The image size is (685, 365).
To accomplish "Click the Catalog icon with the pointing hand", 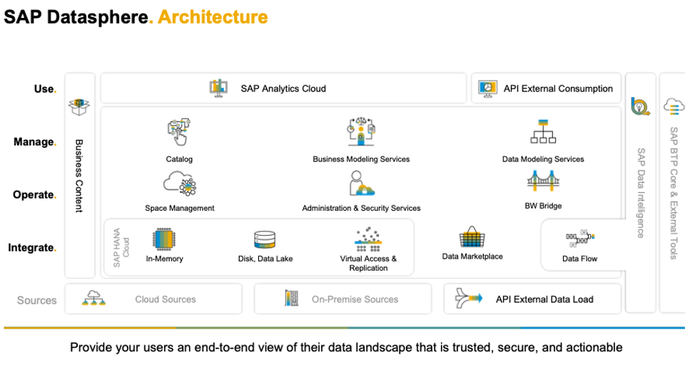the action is (178, 131).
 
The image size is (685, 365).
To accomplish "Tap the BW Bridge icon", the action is (543, 181).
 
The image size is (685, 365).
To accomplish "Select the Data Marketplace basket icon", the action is (472, 236).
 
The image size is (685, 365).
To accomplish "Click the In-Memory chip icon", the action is (164, 239).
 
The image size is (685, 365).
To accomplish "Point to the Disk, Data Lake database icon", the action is (265, 240).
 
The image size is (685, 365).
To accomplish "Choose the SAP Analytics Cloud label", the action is (283, 89).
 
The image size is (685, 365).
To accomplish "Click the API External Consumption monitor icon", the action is (487, 89).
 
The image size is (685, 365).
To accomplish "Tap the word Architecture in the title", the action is (213, 17).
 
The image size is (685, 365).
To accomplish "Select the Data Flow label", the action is (579, 259).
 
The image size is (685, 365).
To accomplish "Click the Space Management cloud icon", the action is (180, 183).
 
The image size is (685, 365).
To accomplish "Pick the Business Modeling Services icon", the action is (361, 131).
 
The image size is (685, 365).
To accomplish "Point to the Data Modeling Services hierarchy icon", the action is (543, 131).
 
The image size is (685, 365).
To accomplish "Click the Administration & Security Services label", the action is (361, 209).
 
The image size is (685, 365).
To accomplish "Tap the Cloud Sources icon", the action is (93, 298).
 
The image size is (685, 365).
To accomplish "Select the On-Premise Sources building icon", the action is (291, 298).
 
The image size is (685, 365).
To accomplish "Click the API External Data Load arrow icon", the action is (468, 298).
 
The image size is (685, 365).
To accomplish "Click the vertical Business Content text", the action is (79, 176).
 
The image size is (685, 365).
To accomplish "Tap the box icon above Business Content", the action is (79, 106).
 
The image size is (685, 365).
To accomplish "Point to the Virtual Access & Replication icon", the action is (368, 239).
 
